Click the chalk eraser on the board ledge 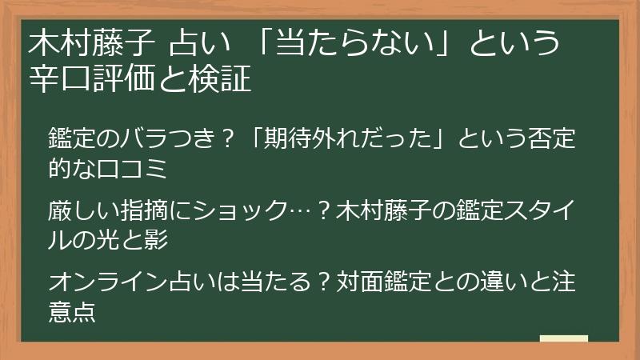[564, 338]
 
